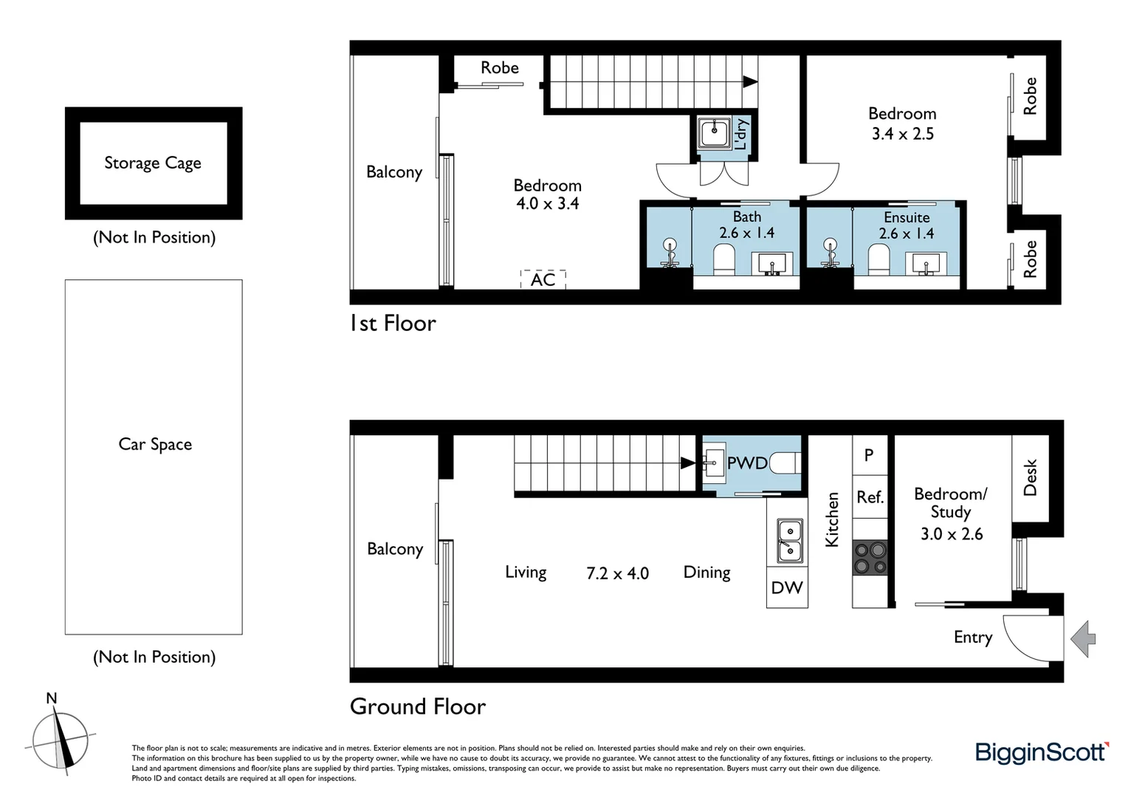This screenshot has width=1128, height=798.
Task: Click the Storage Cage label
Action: point(153,163)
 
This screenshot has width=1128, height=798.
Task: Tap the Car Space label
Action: point(155,444)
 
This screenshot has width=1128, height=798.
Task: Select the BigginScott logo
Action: point(1042,752)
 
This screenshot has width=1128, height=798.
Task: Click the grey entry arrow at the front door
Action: point(1083,638)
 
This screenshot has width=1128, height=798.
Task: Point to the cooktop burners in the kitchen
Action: point(870,558)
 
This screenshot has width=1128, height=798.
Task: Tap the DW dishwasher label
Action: point(787,588)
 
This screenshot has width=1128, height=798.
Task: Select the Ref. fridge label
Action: point(870,497)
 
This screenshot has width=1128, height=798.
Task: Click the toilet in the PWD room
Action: point(784,463)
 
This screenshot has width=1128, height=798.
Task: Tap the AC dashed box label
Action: point(543,279)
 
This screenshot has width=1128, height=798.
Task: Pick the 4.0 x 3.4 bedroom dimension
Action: point(547,204)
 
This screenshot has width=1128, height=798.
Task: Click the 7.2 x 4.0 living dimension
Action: point(617,573)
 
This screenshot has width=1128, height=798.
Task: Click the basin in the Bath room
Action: point(772,263)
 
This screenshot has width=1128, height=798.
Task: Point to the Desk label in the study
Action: point(1031,477)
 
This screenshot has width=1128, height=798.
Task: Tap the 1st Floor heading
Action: point(393,324)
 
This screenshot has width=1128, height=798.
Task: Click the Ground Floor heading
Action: point(418,706)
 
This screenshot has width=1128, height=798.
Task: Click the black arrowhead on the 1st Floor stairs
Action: point(750,82)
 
